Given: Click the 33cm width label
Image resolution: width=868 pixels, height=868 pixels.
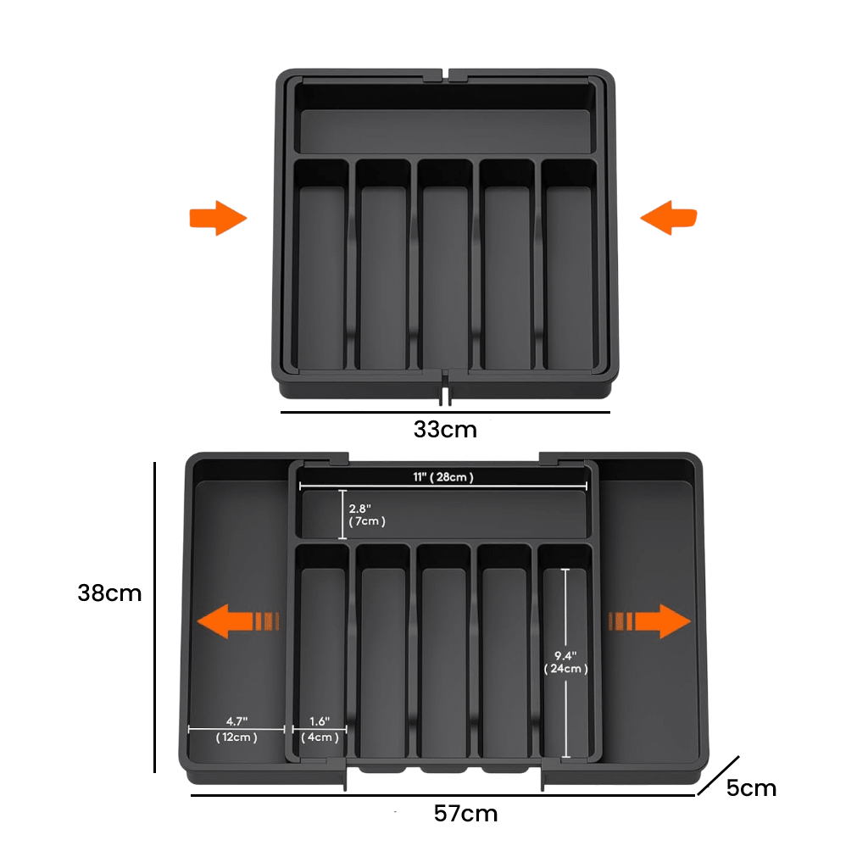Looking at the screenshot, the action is [445, 430].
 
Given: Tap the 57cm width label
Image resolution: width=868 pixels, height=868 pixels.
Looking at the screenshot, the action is [465, 814].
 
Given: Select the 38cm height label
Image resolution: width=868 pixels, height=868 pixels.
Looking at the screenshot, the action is [109, 593].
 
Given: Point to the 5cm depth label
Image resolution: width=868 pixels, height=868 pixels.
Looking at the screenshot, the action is [751, 788].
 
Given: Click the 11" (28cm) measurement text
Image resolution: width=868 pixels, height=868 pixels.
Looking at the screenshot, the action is [442, 477].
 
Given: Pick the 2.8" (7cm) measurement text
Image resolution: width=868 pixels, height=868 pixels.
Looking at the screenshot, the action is [366, 515].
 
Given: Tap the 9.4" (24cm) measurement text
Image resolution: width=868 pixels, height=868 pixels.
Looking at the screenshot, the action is [565, 662].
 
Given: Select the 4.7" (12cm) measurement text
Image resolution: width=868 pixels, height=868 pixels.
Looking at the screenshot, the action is [236, 729].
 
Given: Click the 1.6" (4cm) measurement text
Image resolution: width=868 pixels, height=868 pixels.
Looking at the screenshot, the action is [320, 729].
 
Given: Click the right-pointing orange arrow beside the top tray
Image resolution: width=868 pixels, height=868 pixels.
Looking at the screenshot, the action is [218, 218].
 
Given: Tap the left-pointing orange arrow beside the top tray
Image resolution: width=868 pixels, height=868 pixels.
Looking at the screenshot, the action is [668, 218].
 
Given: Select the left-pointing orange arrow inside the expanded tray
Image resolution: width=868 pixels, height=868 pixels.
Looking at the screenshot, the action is [238, 621].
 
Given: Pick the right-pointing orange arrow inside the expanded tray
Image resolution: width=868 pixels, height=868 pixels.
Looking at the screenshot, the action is [650, 621].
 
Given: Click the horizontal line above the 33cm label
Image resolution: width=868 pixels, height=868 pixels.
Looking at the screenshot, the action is [445, 412].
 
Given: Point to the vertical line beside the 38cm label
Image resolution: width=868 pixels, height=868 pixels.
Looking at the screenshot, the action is [154, 617].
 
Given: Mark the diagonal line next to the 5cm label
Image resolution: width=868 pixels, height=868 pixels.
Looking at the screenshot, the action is [718, 776].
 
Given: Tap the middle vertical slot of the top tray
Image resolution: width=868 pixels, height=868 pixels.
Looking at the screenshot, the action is [444, 264].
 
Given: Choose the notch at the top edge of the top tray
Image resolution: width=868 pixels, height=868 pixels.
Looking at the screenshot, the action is [446, 75].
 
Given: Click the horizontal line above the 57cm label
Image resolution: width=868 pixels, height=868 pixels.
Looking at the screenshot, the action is [442, 795].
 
